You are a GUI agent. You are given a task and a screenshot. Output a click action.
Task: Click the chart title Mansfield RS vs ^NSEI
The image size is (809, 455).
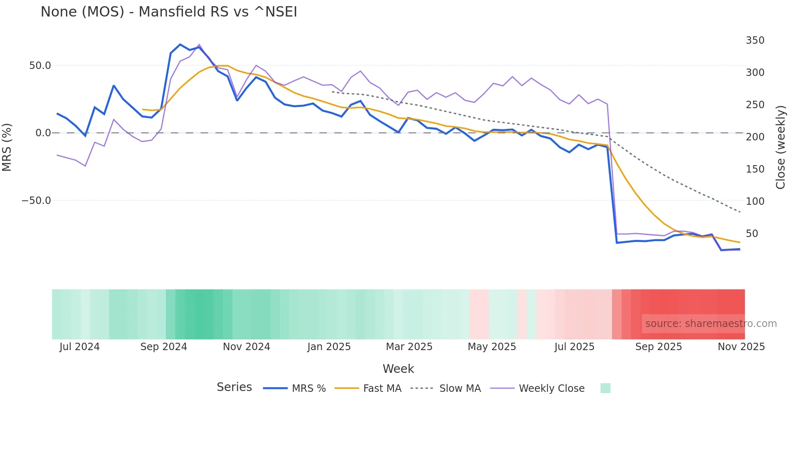(x=168, y=12)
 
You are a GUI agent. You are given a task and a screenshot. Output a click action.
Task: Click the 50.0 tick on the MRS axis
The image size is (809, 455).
(x=40, y=66)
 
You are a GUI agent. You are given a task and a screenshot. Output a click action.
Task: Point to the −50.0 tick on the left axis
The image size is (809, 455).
(x=36, y=201)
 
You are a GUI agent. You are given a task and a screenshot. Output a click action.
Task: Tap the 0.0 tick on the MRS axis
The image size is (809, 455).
(x=43, y=133)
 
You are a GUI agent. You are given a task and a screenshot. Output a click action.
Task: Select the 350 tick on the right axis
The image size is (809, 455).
(x=755, y=40)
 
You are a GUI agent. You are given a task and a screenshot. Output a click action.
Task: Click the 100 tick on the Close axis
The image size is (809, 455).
(x=755, y=201)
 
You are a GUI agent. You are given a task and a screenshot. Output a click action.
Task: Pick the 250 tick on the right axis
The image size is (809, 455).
(x=755, y=105)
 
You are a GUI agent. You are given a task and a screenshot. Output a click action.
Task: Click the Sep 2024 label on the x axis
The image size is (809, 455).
(x=163, y=347)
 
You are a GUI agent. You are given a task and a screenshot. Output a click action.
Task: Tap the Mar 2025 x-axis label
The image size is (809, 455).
(x=409, y=347)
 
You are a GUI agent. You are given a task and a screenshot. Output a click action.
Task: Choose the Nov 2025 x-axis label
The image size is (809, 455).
(x=741, y=347)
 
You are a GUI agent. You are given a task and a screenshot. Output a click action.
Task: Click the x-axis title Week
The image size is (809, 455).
(x=398, y=369)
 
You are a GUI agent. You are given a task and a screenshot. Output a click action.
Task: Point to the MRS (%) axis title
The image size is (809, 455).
(x=7, y=147)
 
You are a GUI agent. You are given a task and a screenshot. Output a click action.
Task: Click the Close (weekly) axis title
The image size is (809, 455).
(x=780, y=147)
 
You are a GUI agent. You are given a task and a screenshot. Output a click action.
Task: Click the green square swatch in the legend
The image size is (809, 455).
(x=605, y=388)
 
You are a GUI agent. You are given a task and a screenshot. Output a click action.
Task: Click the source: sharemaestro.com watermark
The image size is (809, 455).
(x=711, y=324)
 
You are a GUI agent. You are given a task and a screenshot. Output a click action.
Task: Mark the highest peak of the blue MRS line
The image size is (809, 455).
(x=180, y=45)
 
